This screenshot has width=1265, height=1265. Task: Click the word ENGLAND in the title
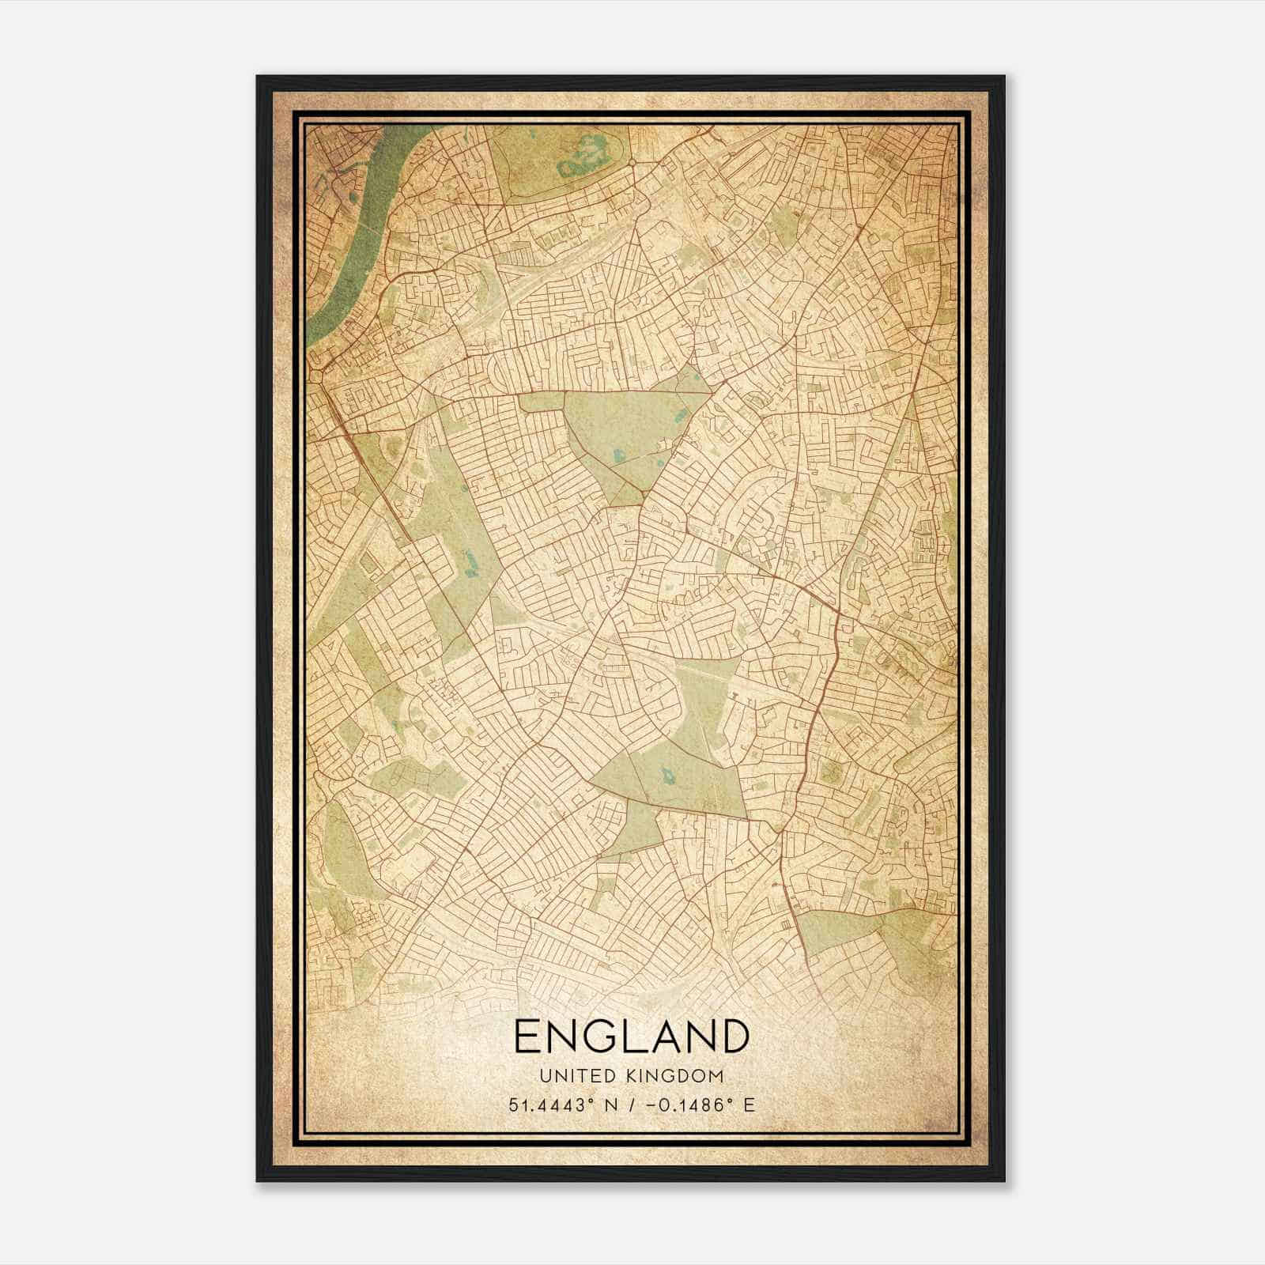(631, 1037)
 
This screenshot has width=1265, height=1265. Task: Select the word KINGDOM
(676, 1076)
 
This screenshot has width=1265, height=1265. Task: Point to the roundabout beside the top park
(633, 164)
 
